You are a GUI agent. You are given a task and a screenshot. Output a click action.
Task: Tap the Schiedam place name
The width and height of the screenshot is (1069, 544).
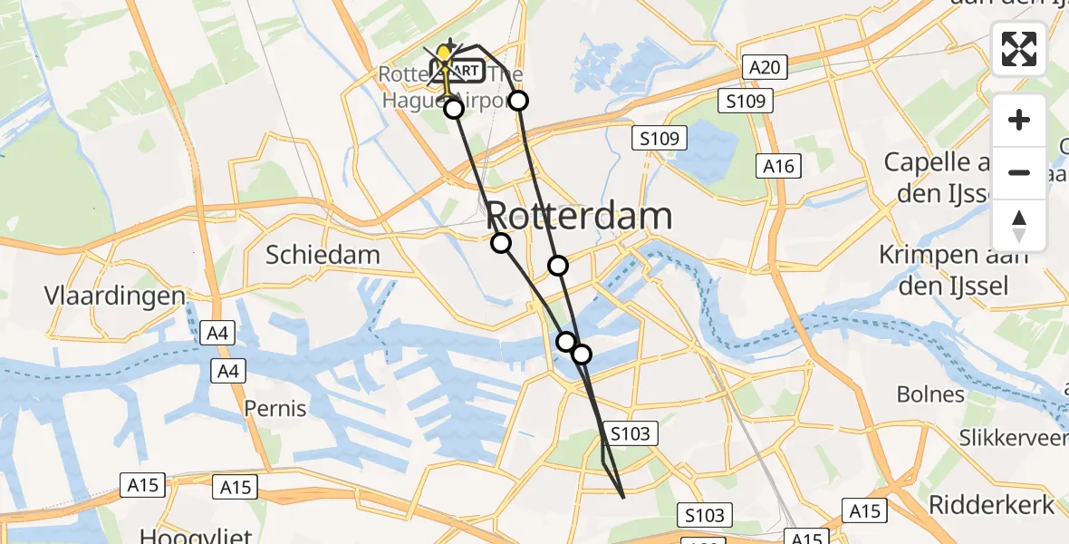pyautogui.click(x=323, y=255)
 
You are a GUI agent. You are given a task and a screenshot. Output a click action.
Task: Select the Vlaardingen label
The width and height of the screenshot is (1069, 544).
pyautogui.click(x=115, y=296)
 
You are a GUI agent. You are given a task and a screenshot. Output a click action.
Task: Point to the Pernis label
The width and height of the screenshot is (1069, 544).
pyautogui.click(x=275, y=409)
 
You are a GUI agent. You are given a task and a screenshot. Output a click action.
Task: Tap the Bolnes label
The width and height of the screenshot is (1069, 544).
pyautogui.click(x=930, y=394)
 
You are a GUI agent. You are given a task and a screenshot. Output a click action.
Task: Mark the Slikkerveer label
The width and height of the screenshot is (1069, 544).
pyautogui.click(x=1015, y=439)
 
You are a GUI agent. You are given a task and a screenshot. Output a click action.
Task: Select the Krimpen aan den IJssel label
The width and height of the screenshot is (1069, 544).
pyautogui.click(x=955, y=271)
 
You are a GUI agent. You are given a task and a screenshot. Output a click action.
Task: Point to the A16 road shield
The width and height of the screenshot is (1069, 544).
pyautogui.click(x=778, y=166)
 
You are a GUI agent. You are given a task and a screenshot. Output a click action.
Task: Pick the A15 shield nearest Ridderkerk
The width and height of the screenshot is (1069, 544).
pyautogui.click(x=864, y=510)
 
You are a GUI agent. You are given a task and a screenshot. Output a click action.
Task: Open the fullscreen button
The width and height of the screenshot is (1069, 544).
pyautogui.click(x=1019, y=49)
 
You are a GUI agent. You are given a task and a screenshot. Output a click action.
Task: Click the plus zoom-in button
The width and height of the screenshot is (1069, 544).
pyautogui.click(x=1019, y=121)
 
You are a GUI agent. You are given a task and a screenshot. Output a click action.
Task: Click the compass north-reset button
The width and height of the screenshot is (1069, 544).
pyautogui.click(x=1019, y=226)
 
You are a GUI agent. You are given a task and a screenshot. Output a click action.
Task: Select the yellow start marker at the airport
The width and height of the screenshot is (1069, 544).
pyautogui.click(x=444, y=54)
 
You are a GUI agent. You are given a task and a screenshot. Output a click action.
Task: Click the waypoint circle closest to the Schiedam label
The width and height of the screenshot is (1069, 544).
pyautogui.click(x=501, y=242)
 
